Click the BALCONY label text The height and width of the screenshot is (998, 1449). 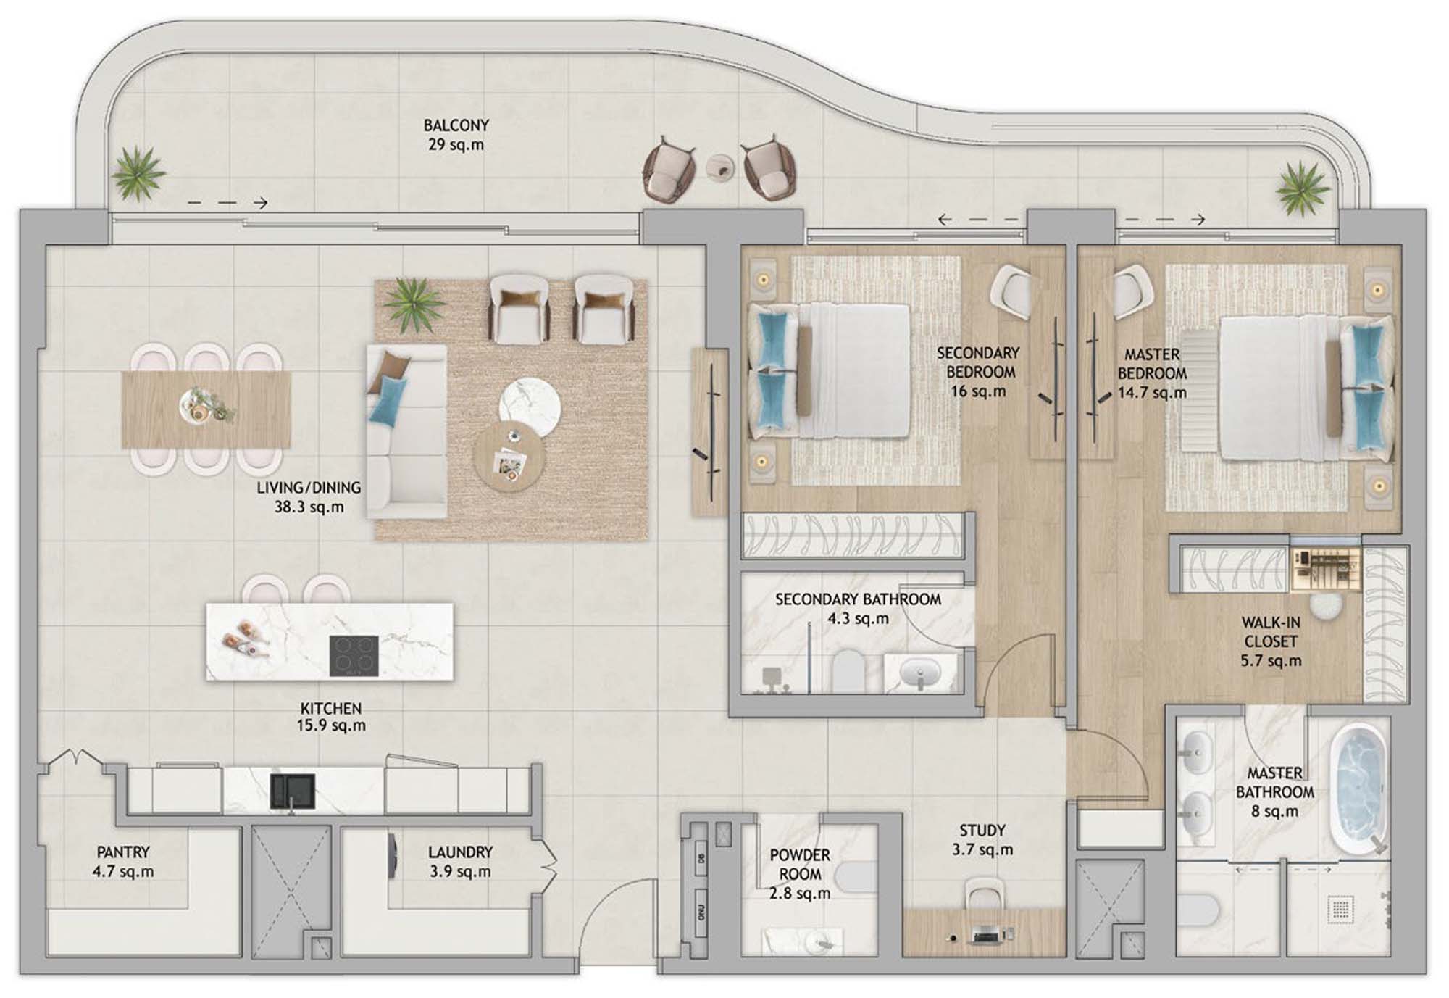456,125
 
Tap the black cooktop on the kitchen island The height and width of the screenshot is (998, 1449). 354,655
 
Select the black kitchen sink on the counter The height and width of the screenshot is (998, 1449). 293,791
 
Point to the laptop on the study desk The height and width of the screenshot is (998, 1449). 985,935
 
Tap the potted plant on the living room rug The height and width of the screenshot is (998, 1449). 414,304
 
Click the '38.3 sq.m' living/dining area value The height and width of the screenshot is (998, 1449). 309,507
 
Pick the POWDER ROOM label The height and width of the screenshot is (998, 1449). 800,865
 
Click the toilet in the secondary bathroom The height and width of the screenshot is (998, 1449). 846,670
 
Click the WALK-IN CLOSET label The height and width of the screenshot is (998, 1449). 1271,632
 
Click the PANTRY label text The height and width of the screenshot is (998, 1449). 123,852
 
